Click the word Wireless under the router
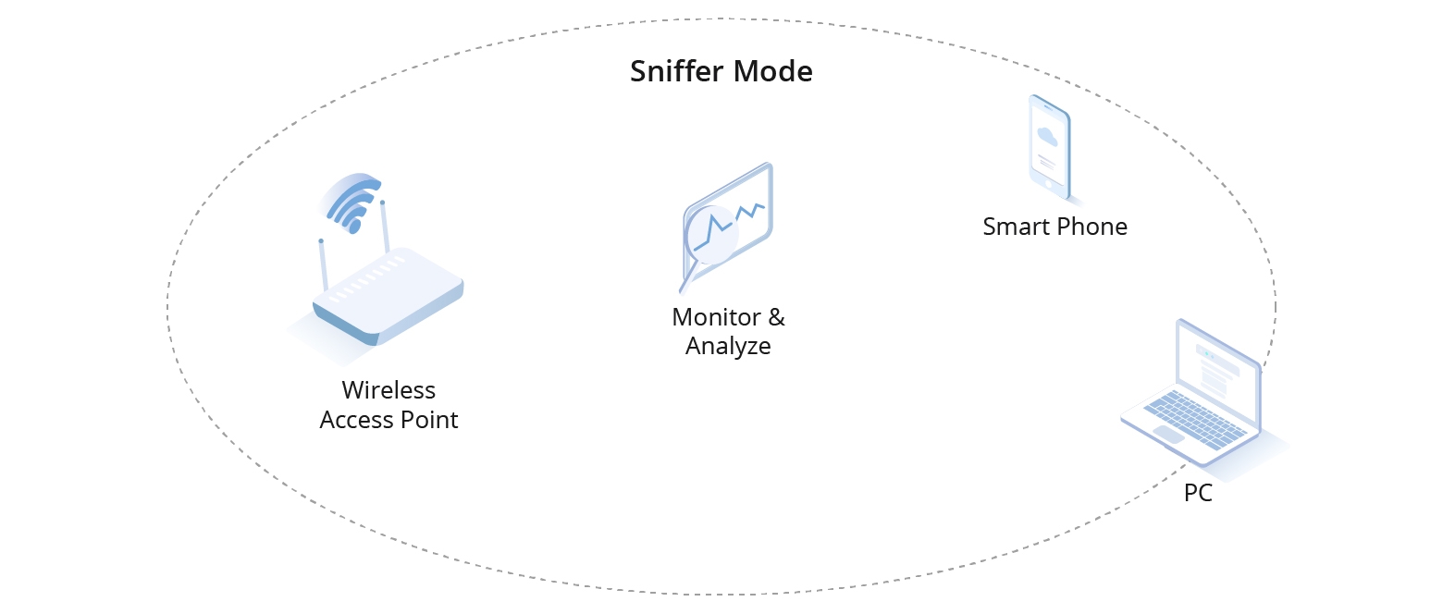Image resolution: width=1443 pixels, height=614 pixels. pyautogui.click(x=388, y=389)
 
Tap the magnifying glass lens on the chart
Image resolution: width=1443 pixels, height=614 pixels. pyautogui.click(x=711, y=237)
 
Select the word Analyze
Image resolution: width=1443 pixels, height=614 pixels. pyautogui.click(x=728, y=347)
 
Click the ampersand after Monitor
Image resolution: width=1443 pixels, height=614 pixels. pyautogui.click(x=775, y=317)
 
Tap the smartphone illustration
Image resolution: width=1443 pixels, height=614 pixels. pyautogui.click(x=1050, y=144)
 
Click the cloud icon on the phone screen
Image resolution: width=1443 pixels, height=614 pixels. pyautogui.click(x=1047, y=136)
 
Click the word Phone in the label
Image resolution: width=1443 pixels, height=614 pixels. pyautogui.click(x=1092, y=227)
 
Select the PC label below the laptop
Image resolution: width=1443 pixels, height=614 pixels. pyautogui.click(x=1198, y=494)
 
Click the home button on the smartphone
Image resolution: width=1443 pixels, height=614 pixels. pyautogui.click(x=1049, y=183)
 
